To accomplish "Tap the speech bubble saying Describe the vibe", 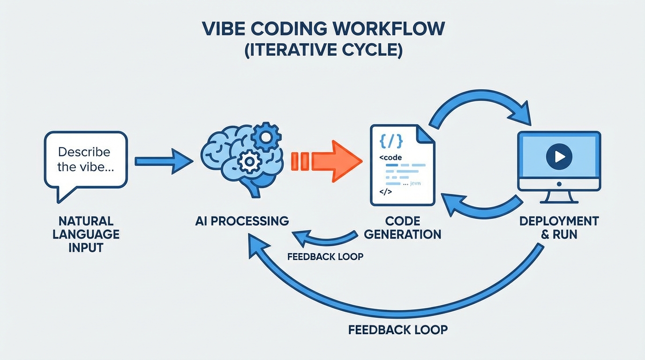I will (85, 160).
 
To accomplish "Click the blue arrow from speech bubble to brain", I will (163, 161).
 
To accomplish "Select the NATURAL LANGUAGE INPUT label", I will (86, 234).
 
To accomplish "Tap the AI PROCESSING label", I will (242, 221).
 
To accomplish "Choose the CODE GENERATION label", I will (402, 227).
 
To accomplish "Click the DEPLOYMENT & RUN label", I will (559, 227).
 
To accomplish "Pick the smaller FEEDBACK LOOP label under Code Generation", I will (325, 257).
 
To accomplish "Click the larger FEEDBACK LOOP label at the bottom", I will (397, 330).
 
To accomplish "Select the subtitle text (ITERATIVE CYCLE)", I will (323, 50).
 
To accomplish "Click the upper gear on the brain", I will (266, 135).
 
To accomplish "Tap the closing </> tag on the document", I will (385, 191).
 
